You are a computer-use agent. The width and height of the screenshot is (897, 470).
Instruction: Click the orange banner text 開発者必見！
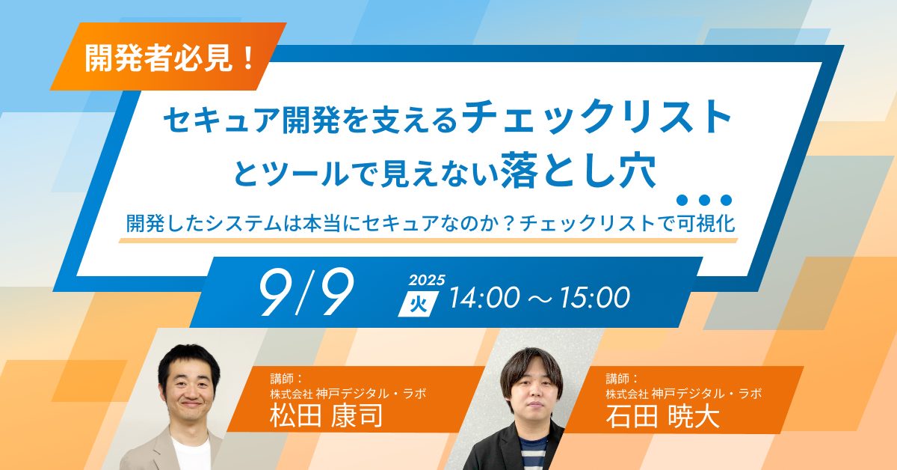(x=170, y=58)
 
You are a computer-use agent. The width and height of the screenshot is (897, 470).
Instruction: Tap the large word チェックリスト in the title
(x=597, y=117)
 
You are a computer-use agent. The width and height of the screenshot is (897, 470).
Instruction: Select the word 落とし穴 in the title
(x=579, y=170)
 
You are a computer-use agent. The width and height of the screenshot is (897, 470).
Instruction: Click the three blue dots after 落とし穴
(x=703, y=199)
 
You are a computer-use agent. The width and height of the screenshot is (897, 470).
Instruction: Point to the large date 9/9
(x=306, y=292)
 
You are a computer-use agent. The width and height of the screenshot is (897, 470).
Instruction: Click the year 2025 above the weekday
(x=427, y=280)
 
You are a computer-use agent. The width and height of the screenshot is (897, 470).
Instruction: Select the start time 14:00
(x=485, y=298)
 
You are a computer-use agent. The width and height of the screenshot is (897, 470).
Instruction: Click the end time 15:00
(x=595, y=298)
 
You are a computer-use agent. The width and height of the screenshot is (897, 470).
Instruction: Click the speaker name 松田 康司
(x=327, y=416)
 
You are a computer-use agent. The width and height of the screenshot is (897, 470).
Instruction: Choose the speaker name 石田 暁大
(x=662, y=417)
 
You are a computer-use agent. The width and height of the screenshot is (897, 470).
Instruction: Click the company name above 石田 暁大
(x=683, y=394)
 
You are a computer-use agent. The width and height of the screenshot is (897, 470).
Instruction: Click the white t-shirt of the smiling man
(x=191, y=453)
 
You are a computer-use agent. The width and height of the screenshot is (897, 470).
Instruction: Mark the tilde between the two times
(x=540, y=299)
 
